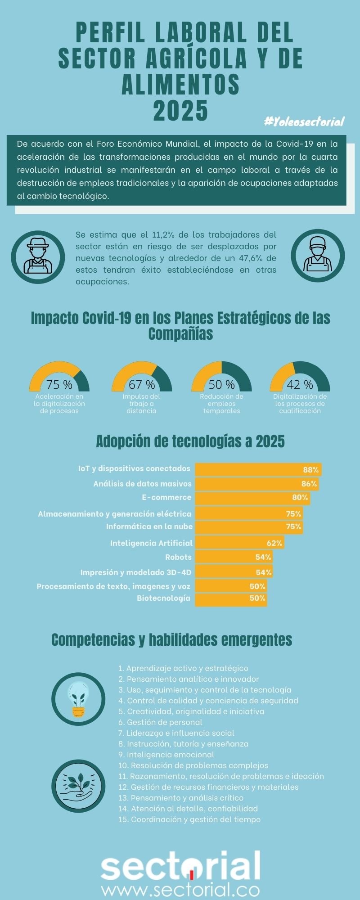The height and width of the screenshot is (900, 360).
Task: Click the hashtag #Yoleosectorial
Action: (304, 121)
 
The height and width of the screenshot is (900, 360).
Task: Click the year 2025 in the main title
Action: (180, 110)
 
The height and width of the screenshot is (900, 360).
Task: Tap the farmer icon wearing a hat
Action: (38, 256)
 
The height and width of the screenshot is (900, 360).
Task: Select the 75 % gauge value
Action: (59, 385)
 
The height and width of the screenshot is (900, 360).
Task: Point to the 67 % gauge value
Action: (142, 385)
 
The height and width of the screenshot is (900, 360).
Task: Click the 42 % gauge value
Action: (300, 385)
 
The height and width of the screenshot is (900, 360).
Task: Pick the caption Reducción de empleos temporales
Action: (221, 404)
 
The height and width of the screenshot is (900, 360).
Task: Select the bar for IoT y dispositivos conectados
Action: (258, 469)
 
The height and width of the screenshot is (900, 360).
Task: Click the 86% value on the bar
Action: (309, 484)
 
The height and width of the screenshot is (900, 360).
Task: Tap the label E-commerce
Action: (166, 497)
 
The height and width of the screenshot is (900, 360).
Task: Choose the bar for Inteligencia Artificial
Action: (239, 543)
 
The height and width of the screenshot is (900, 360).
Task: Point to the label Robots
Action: (178, 557)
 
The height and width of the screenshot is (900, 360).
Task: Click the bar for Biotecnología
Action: (230, 598)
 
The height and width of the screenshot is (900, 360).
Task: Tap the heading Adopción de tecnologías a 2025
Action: (190, 441)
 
